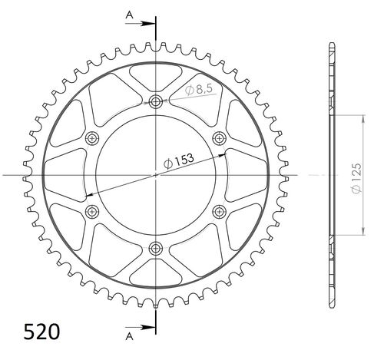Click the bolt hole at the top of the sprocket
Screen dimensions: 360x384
[157, 101]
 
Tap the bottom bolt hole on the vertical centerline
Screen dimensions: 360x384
[157, 247]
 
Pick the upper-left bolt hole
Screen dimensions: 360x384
[93, 137]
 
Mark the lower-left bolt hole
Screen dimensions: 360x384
[93, 210]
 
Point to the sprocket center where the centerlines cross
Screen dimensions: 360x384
[157, 174]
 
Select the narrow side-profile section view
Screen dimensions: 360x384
[331, 174]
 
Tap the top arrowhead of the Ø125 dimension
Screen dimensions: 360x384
[359, 117]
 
